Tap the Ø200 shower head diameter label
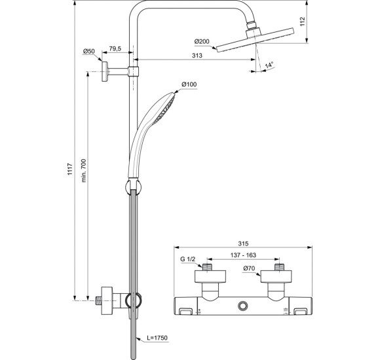point(202,41)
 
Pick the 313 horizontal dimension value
point(197,57)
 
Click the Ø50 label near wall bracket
point(90,52)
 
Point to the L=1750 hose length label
point(157,338)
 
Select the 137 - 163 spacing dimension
point(244,257)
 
